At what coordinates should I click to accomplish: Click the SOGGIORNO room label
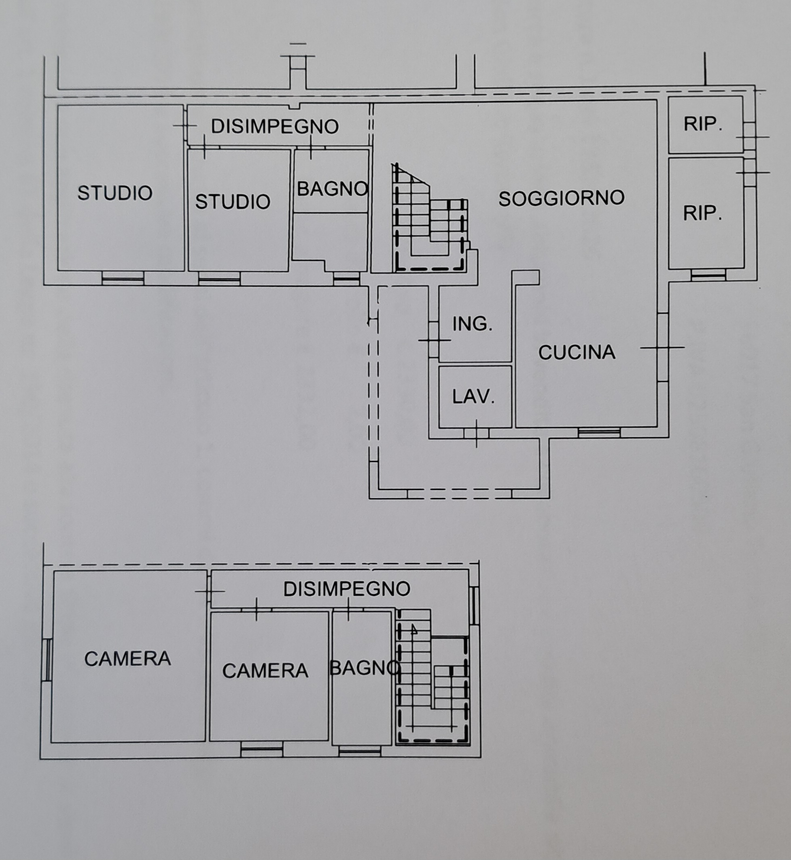(x=561, y=198)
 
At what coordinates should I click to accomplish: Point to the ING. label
(x=472, y=324)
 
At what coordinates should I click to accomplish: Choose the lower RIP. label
(x=702, y=213)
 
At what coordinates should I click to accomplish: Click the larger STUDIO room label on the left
(x=115, y=193)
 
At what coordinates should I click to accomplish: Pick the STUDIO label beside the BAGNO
(x=232, y=202)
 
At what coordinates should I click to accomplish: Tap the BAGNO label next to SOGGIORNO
(x=333, y=189)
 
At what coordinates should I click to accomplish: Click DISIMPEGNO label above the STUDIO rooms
(x=275, y=126)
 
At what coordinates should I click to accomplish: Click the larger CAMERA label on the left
(x=127, y=658)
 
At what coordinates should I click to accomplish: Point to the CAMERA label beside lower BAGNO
(x=265, y=671)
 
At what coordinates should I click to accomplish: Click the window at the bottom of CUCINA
(x=599, y=432)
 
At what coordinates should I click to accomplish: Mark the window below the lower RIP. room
(x=708, y=275)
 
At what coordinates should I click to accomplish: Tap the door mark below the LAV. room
(x=476, y=433)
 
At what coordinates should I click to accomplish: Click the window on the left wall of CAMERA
(x=49, y=660)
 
